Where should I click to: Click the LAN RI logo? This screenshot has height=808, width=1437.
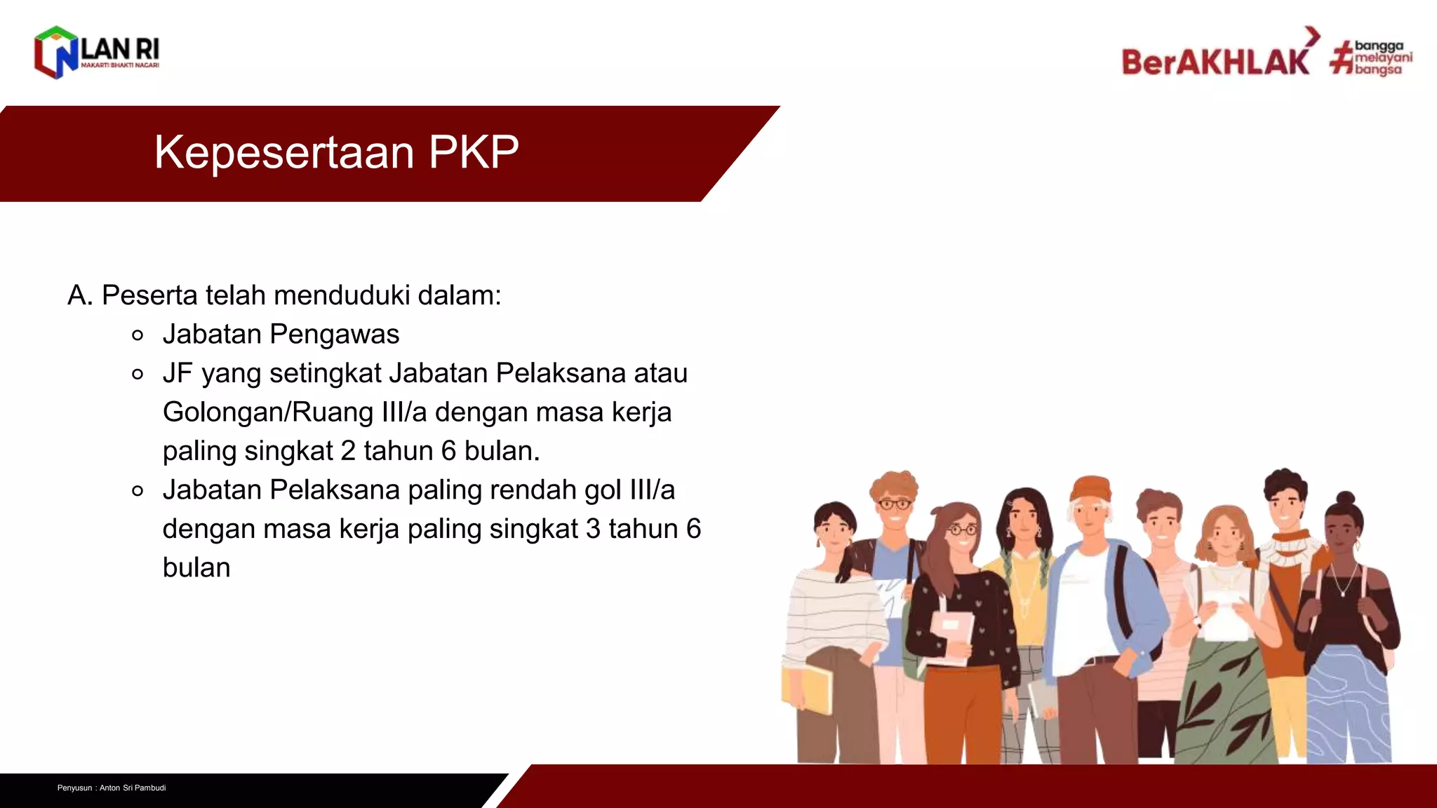pos(97,53)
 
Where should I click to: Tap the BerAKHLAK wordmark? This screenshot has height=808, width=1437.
pos(1215,62)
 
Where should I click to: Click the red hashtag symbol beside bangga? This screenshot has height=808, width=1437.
pos(1342,58)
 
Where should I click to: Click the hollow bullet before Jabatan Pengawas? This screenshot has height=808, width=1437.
pos(138,335)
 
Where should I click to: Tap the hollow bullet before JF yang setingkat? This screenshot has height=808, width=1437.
pos(138,374)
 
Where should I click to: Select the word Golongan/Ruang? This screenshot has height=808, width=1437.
pos(268,412)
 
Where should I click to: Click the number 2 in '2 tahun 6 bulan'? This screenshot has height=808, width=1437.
pos(348,451)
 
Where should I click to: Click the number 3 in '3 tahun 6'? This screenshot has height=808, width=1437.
pos(593,529)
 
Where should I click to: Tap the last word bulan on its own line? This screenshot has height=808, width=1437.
pos(196,567)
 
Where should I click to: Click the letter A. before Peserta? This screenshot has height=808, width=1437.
pos(80,295)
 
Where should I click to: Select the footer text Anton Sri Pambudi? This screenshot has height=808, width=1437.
pos(133,788)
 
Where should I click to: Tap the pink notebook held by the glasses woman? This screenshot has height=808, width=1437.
pos(953,635)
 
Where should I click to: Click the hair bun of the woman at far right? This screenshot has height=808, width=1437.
pos(1345,499)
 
